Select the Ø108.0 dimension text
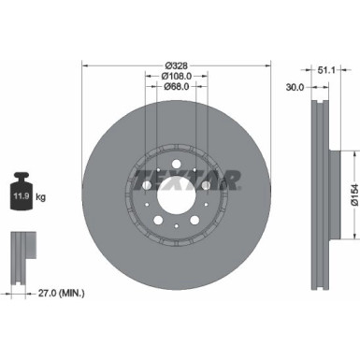(x=176, y=76)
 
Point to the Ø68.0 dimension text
(x=176, y=88)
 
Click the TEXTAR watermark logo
(x=177, y=178)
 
